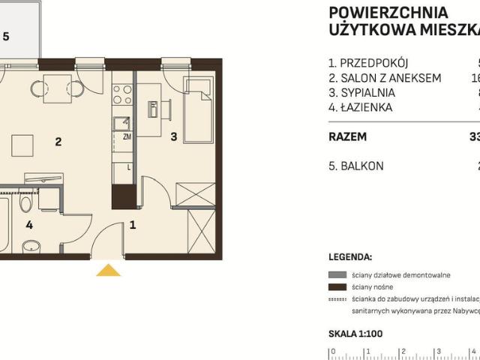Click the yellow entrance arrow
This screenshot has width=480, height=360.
point(109,270)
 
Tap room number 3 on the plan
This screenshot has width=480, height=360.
point(173,136)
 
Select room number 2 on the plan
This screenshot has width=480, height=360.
point(57,139)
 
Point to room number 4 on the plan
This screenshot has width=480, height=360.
point(29,224)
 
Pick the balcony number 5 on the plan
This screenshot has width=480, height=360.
point(6,35)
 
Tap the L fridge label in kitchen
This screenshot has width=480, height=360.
point(129,167)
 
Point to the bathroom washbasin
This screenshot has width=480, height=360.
point(31,245)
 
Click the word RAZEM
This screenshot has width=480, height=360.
point(348,137)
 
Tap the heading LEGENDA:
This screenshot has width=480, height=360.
point(350,256)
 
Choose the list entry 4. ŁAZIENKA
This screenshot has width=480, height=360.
point(361,107)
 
